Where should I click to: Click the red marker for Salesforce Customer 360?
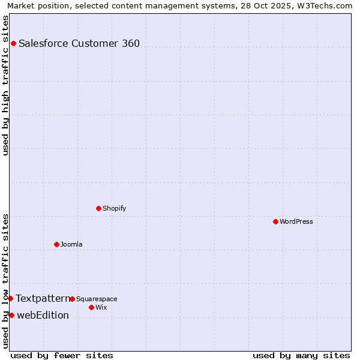(x=13, y=43)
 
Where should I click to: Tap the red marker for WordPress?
(x=275, y=221)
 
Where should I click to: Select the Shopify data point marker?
(x=98, y=208)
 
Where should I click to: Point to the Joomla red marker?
(x=56, y=244)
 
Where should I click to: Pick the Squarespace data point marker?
(x=72, y=299)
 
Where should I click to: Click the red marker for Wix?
(x=91, y=307)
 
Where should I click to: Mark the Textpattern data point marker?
(x=10, y=298)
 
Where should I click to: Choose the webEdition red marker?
(x=11, y=315)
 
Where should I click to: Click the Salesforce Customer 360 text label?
(x=79, y=43)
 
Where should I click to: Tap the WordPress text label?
(x=296, y=221)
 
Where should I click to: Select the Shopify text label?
(x=114, y=208)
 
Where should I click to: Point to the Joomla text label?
(x=71, y=244)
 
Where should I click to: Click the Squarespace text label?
(x=97, y=299)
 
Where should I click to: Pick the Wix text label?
(x=101, y=307)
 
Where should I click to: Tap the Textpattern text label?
(x=43, y=298)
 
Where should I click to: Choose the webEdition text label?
(x=43, y=315)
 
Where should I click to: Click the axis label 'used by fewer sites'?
(x=62, y=355)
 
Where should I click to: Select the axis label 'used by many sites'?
(x=301, y=355)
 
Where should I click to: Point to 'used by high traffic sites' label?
(x=5, y=85)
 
